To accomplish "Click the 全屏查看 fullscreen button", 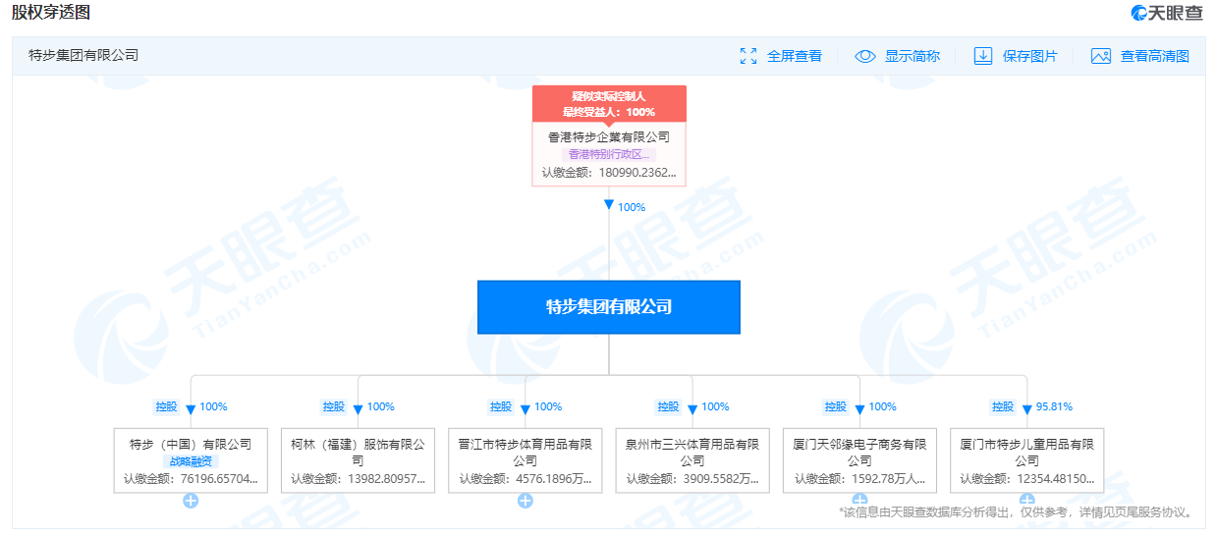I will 781,56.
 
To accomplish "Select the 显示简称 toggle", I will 898,56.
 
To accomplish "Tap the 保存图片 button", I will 1016,56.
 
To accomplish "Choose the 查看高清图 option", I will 1140,56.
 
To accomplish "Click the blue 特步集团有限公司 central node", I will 609,307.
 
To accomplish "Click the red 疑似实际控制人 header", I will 609,104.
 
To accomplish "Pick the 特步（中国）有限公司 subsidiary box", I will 191,460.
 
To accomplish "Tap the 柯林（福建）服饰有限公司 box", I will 358,460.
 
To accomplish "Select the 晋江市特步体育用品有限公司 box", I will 526,460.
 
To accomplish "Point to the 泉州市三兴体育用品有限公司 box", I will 692,460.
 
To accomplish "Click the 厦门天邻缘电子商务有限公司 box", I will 859,460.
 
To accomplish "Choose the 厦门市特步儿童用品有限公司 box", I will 1026,460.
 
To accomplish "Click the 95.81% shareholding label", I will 1054,406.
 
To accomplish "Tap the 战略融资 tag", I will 191,461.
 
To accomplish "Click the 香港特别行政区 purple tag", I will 609,154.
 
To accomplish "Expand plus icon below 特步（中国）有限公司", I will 191,501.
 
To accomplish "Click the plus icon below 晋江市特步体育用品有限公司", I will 526,501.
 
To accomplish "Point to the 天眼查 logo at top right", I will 1167,13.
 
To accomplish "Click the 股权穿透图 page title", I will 51,13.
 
